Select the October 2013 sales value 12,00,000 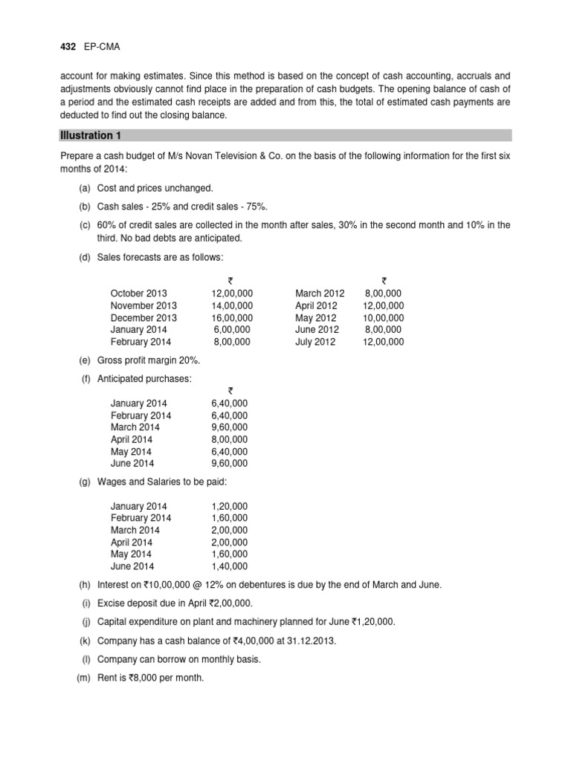232,294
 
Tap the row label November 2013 143,305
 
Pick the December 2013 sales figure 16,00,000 232,317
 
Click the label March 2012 315,294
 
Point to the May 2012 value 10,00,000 384,317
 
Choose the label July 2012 315,342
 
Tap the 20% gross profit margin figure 188,360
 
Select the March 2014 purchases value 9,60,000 230,427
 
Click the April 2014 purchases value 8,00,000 230,439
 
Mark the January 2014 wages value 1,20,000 230,506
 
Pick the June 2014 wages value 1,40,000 230,566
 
